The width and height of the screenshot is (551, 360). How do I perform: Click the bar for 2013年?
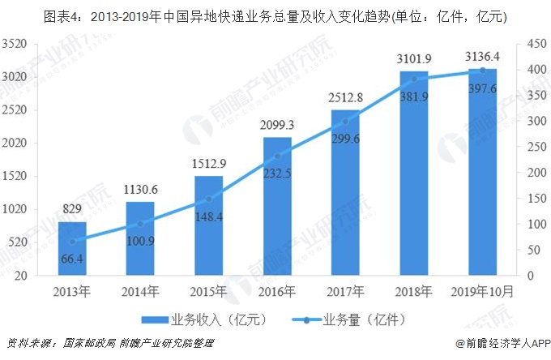71,248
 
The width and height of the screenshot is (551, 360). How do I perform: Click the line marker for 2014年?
140,223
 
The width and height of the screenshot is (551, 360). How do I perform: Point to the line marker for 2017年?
345,122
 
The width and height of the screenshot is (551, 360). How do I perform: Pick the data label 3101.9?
413,57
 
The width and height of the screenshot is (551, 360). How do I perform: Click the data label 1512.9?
208,162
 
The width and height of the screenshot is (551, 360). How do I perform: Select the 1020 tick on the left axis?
16,209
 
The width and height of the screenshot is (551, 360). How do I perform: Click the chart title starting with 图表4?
275,15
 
